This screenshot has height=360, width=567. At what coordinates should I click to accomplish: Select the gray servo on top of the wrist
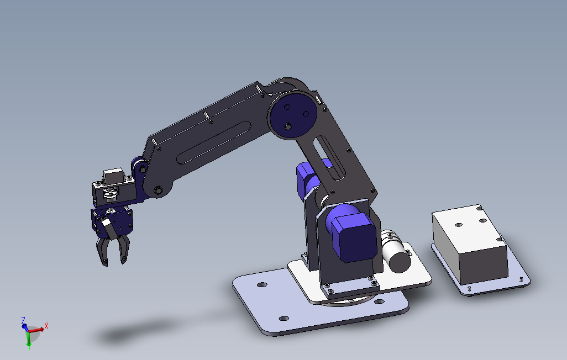pyautogui.click(x=113, y=176)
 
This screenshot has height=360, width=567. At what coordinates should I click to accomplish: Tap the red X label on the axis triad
pyautogui.click(x=46, y=326)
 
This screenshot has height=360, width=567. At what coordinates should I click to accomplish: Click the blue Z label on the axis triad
pyautogui.click(x=23, y=320)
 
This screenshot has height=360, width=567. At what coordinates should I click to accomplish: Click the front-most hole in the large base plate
pyautogui.click(x=284, y=318)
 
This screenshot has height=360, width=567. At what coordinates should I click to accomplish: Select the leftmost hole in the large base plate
pyautogui.click(x=262, y=285)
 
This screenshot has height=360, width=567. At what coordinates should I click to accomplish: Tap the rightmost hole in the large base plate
pyautogui.click(x=380, y=301)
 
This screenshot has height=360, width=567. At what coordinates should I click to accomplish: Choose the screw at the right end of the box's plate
pyautogui.click(x=522, y=279)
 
